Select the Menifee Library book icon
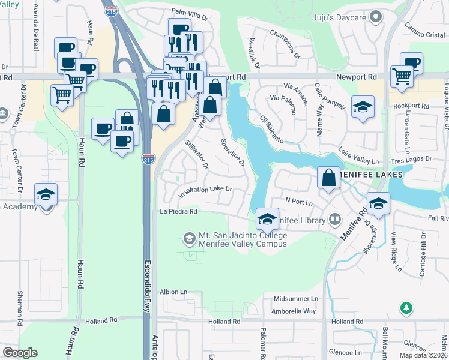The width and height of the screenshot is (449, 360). (x=334, y=220)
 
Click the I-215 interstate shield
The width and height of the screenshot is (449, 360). (x=148, y=160)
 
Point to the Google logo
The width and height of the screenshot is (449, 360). (x=20, y=353)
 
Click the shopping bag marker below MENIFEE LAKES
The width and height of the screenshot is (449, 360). (x=328, y=178)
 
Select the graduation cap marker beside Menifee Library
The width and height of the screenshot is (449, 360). (x=268, y=218)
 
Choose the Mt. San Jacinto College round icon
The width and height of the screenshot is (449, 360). (x=189, y=239)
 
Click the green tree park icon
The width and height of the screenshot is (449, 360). (x=406, y=308)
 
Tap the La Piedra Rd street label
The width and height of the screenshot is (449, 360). (x=178, y=211)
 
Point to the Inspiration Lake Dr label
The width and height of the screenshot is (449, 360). (x=205, y=190)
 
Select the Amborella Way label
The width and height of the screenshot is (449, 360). (x=294, y=311)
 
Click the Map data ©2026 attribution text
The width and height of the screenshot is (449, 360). (x=423, y=355)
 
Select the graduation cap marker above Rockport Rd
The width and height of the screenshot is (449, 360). (x=362, y=107)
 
